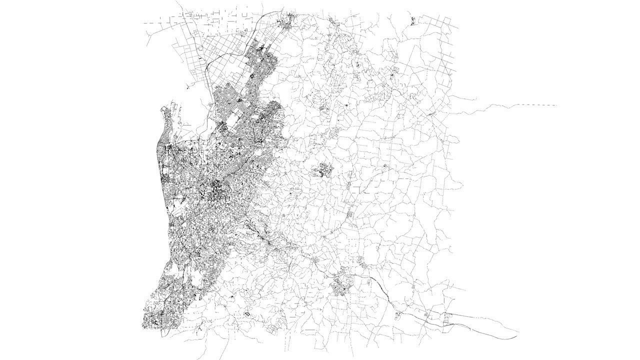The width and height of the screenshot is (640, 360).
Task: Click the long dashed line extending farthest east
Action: pos(537,105)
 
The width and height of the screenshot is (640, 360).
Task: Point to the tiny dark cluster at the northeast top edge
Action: pos(413,20)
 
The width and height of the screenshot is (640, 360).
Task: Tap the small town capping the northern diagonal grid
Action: pos(289,21)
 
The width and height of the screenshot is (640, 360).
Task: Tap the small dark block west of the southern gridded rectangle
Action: pos(246,314)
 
